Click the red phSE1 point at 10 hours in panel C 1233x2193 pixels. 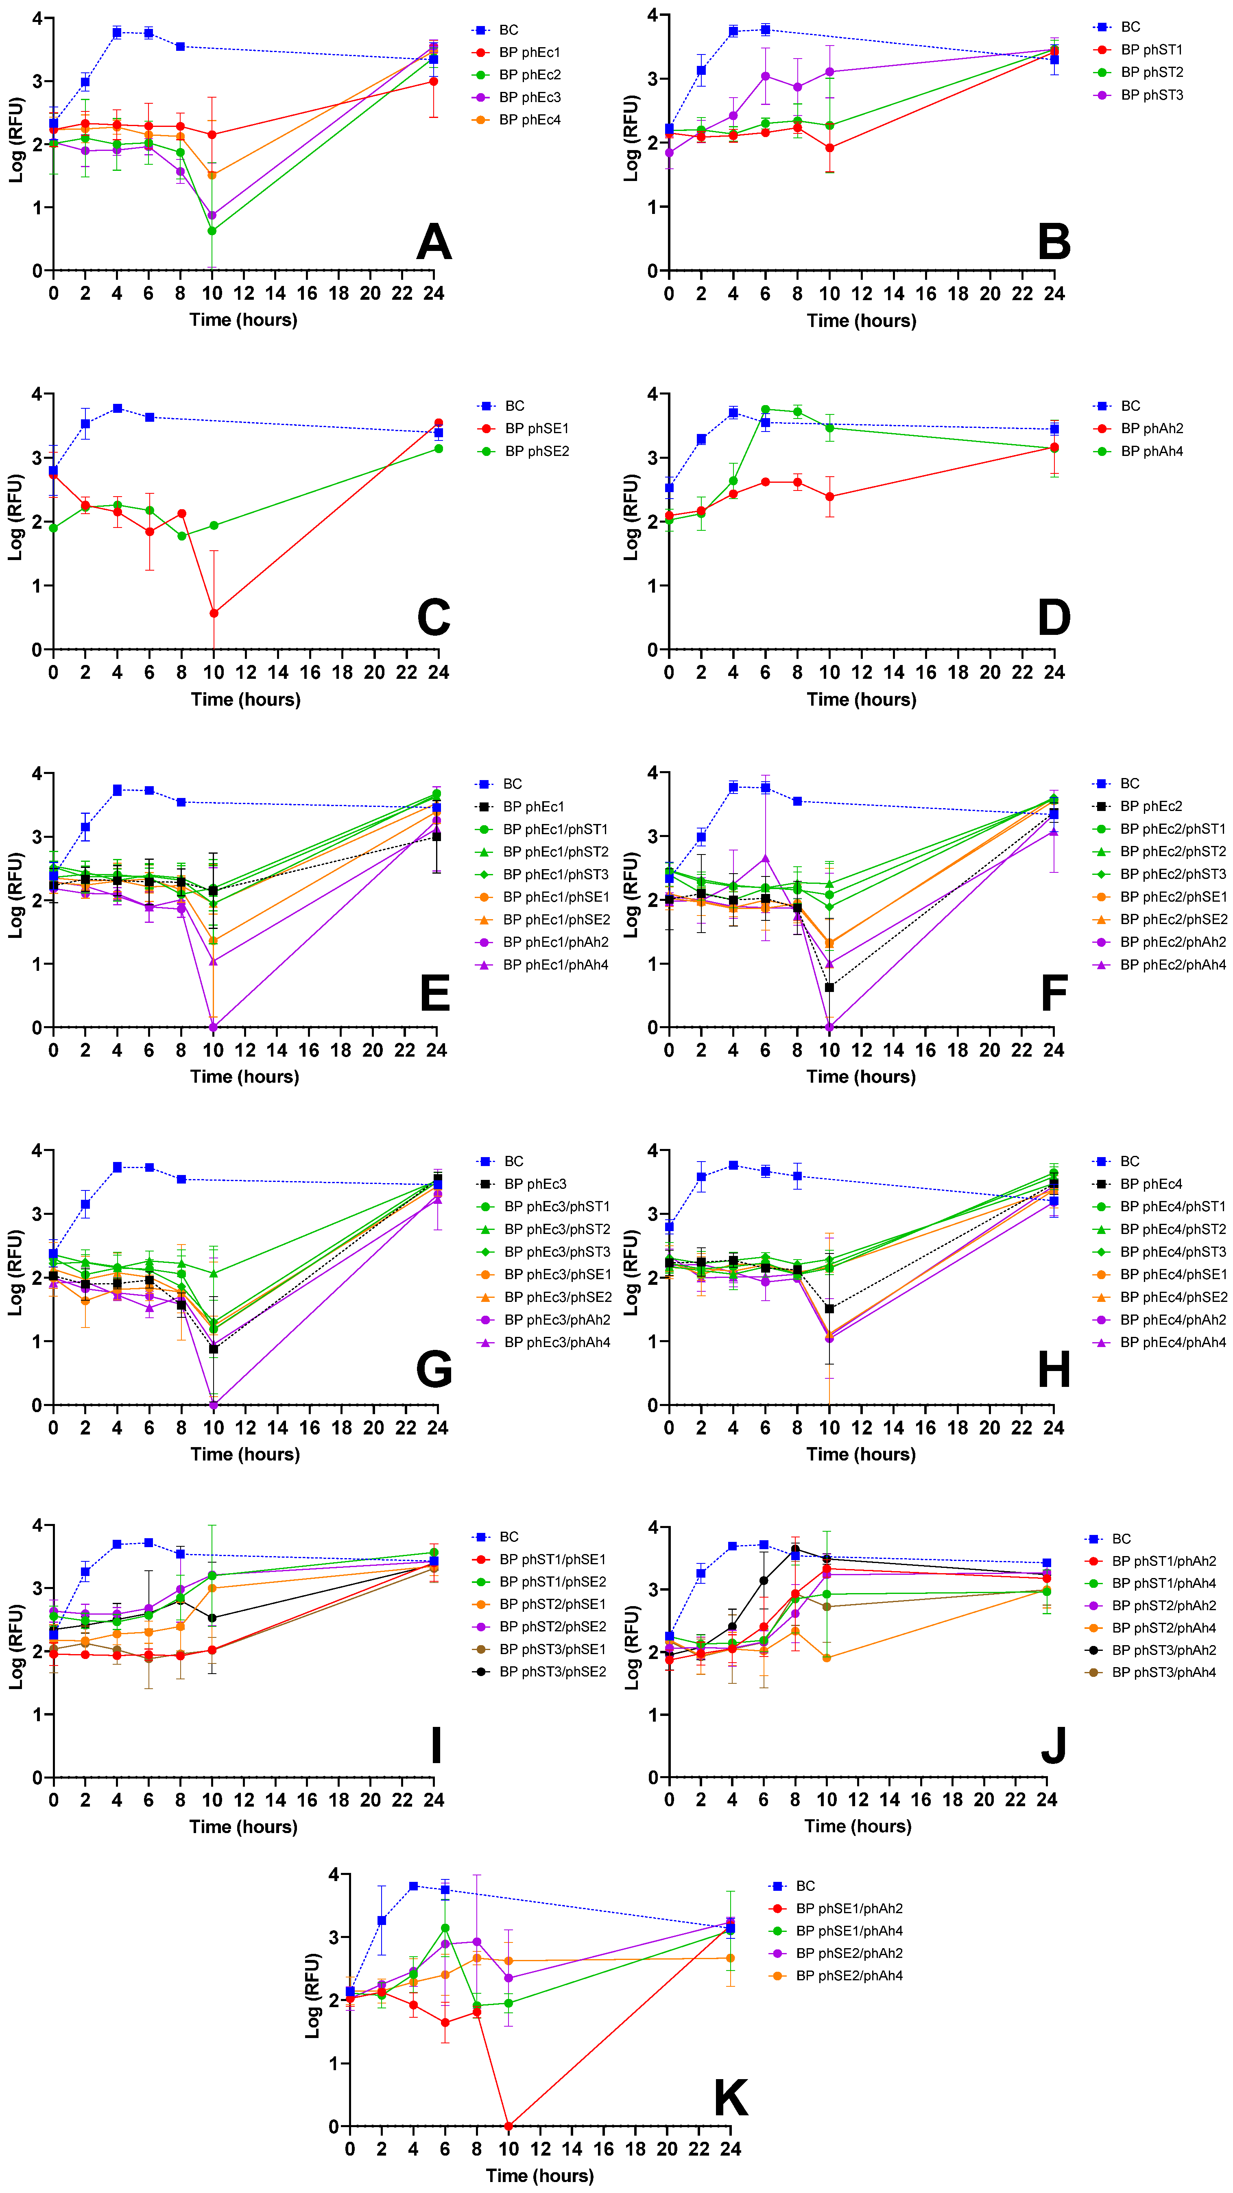pyautogui.click(x=214, y=613)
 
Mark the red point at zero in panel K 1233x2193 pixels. pyautogui.click(x=508, y=2126)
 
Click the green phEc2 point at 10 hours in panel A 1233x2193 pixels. pyautogui.click(x=212, y=231)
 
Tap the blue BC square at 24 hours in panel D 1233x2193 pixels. pyautogui.click(x=1054, y=430)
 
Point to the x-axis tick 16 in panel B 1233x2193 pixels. pyautogui.click(x=925, y=294)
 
